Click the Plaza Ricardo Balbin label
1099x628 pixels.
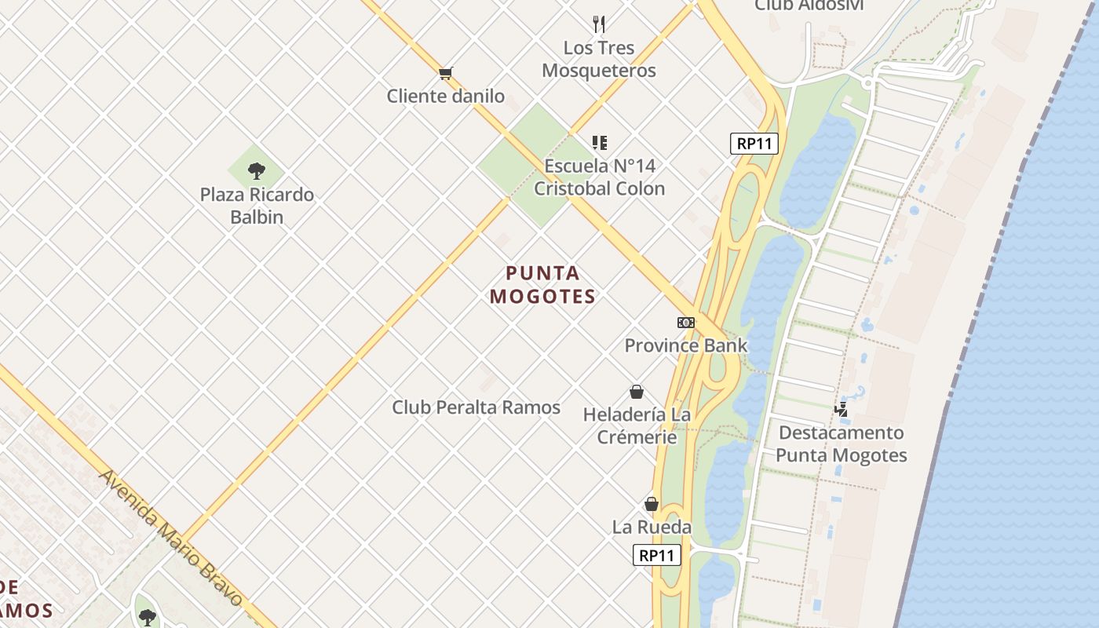pos(257,206)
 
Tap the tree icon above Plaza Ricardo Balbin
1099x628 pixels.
pos(256,171)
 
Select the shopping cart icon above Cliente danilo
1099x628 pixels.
pos(445,74)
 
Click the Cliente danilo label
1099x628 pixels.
pos(445,97)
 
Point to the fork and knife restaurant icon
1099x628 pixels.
pos(599,24)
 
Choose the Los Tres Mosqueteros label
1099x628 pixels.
pos(599,59)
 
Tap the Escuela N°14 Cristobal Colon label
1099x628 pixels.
pos(599,177)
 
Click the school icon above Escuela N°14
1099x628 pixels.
pos(600,143)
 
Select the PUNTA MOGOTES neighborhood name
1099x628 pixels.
pos(542,284)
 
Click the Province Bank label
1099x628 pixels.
pos(686,345)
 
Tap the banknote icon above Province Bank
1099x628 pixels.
pos(686,323)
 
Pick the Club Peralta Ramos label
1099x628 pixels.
pos(476,407)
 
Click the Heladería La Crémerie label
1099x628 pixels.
pos(637,425)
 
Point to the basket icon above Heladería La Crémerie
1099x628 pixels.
pos(637,392)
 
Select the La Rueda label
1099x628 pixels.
pos(652,527)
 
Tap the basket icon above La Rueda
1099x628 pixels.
pos(652,504)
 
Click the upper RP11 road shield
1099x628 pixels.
pos(754,144)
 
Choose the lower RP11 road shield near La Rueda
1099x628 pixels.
pos(657,556)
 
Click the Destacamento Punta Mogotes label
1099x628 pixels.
pos(842,444)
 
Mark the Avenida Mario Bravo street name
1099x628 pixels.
pos(171,538)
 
